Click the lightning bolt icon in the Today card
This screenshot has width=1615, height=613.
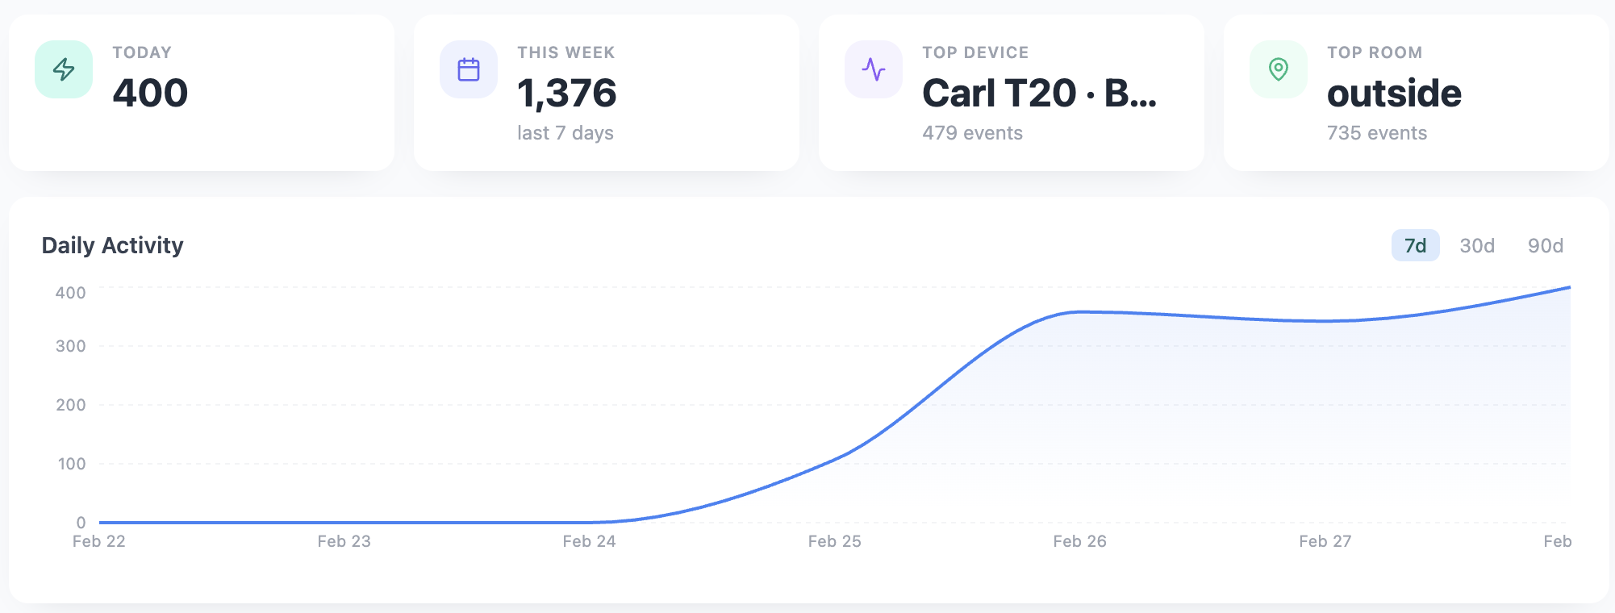coord(64,69)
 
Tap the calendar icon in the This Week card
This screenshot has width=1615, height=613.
coord(469,69)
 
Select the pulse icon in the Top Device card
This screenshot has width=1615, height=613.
coord(874,69)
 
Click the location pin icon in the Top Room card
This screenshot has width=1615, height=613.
coord(1279,69)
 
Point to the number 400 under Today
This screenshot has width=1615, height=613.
coord(150,93)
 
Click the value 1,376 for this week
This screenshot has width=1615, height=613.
coord(567,93)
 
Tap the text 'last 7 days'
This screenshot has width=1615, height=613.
coord(565,133)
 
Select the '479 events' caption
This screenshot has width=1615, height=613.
coord(972,133)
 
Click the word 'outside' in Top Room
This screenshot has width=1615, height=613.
coord(1394,94)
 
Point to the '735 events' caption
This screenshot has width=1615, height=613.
coord(1377,133)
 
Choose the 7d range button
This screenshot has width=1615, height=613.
coord(1415,245)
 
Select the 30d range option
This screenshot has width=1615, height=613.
coord(1477,245)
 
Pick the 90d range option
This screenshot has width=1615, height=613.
coord(1546,245)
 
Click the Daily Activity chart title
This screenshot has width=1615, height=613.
coord(113,245)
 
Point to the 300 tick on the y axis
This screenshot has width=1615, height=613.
coord(70,346)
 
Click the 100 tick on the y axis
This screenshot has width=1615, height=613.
coord(71,464)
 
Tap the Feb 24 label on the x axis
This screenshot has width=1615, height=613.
coord(589,541)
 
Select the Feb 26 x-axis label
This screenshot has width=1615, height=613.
coord(1079,541)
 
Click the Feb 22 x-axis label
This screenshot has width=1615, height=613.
coord(99,541)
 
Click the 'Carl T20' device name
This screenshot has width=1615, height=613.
coord(999,94)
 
